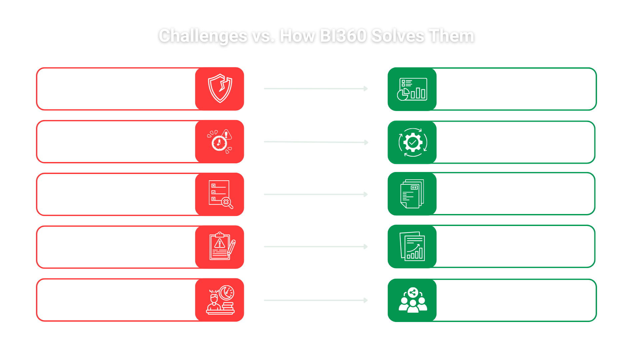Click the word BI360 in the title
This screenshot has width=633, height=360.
343,36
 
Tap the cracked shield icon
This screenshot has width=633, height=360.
220,89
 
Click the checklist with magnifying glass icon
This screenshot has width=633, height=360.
220,194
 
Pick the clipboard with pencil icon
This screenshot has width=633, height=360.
221,247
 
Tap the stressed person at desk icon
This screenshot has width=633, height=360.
220,300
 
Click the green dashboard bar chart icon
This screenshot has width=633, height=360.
412,89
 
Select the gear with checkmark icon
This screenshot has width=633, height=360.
413,142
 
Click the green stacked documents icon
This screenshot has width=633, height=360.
412,194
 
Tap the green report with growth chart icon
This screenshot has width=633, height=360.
412,247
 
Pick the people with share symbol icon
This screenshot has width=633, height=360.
413,300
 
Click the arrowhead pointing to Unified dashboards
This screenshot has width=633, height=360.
365,89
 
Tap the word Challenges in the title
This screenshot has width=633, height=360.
203,36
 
